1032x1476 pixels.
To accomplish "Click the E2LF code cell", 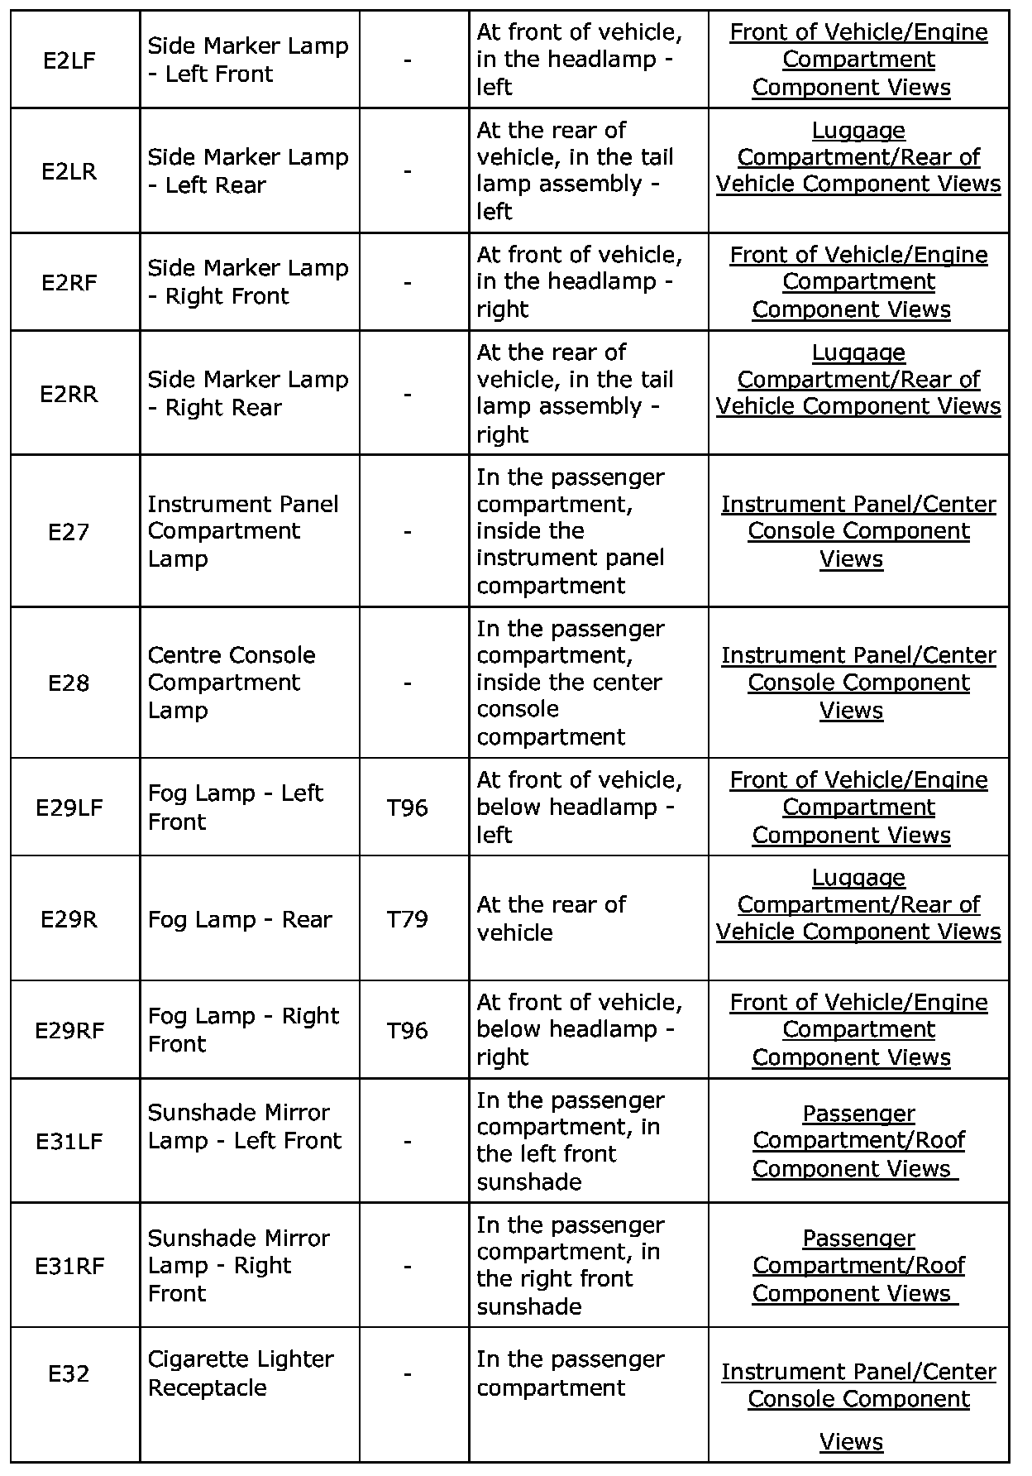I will coord(69,60).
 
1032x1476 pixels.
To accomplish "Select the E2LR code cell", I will coord(69,171).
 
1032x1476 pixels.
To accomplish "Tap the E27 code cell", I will coord(69,532).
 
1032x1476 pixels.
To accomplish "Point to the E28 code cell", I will coord(69,683).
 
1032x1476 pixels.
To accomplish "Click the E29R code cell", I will coord(69,919).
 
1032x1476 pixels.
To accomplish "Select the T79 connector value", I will coord(408,919).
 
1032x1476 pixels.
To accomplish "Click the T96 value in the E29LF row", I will coord(408,807).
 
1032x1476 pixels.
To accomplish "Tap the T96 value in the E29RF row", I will coord(408,1030).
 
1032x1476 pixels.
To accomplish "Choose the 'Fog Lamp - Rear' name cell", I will coord(240,919).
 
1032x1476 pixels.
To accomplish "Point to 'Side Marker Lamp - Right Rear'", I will coord(248,393).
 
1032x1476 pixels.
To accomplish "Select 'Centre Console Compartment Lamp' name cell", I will coord(232,683).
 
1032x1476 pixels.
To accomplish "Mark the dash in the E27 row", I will coord(408,532).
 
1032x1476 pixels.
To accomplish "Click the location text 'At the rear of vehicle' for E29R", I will coord(552,918).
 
